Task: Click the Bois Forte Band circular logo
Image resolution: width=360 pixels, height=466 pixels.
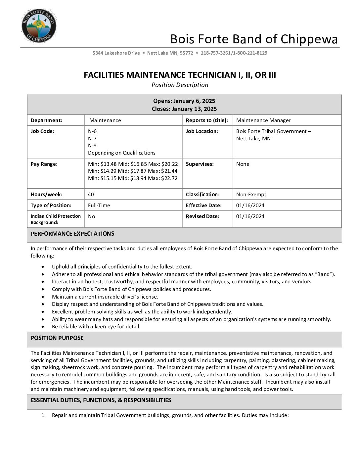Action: click(39, 26)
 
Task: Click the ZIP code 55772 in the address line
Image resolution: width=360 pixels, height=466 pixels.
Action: click(186, 53)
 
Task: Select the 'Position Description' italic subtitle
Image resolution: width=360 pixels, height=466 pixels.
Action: click(180, 85)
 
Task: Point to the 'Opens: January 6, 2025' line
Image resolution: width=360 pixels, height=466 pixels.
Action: click(184, 101)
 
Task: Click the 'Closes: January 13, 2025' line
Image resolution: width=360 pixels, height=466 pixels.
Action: click(184, 109)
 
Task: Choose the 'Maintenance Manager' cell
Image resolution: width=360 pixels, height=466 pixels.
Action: click(263, 120)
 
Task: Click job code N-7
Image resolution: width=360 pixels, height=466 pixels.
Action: click(92, 138)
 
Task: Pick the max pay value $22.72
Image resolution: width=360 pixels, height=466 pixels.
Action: click(169, 178)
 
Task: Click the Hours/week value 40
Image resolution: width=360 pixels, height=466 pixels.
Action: click(91, 195)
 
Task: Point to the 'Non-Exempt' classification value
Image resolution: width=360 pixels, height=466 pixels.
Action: click(251, 195)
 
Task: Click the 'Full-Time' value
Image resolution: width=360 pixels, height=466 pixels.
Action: click(99, 206)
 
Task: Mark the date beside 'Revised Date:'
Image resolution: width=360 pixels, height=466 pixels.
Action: click(250, 216)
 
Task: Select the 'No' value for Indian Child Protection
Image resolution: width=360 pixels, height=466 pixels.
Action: click(91, 216)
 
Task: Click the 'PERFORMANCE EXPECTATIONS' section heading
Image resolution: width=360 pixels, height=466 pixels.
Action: click(72, 234)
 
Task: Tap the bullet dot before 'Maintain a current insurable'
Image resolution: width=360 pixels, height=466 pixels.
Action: click(43, 297)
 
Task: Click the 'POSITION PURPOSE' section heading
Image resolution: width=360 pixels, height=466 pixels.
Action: click(57, 338)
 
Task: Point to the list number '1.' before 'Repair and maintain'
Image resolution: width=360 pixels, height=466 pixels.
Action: click(43, 415)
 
